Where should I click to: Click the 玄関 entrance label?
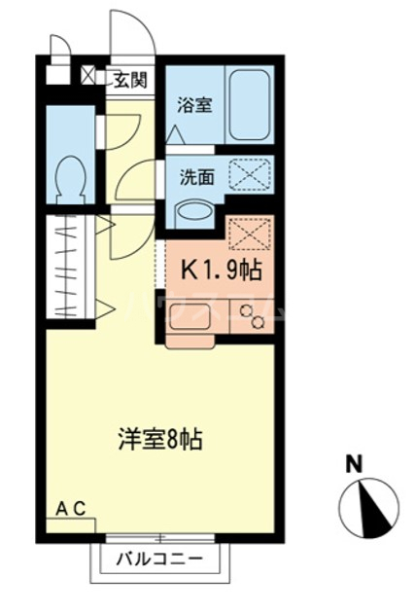point(127,79)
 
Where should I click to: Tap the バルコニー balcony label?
point(159,559)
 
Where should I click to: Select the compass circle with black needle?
point(369,504)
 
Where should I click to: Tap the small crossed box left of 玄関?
point(89,77)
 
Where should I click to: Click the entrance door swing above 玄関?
point(130,39)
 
